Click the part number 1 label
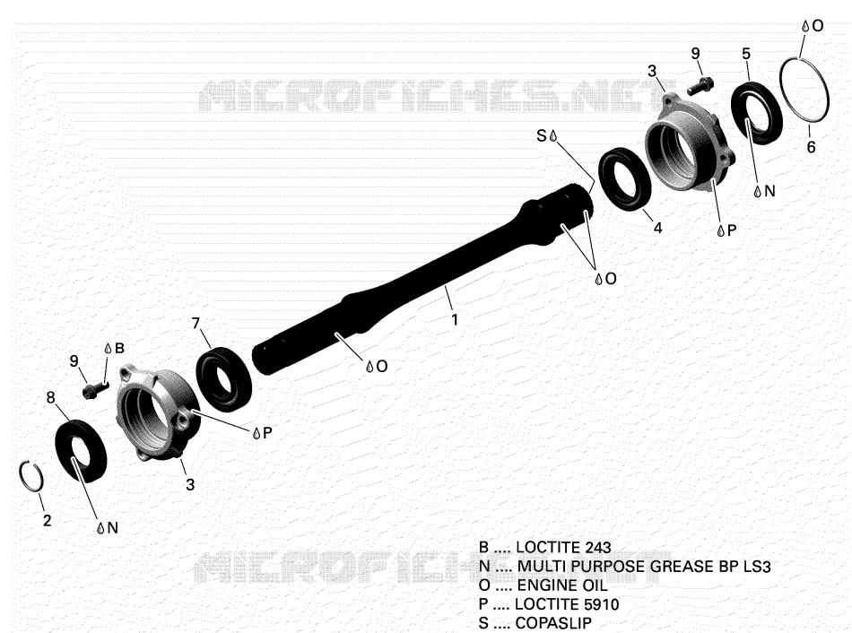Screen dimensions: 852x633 pyautogui.click(x=455, y=319)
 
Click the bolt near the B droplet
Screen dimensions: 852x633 pyautogui.click(x=95, y=389)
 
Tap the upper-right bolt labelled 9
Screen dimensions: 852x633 pyautogui.click(x=700, y=85)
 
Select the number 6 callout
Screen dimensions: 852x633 pyautogui.click(x=811, y=147)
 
